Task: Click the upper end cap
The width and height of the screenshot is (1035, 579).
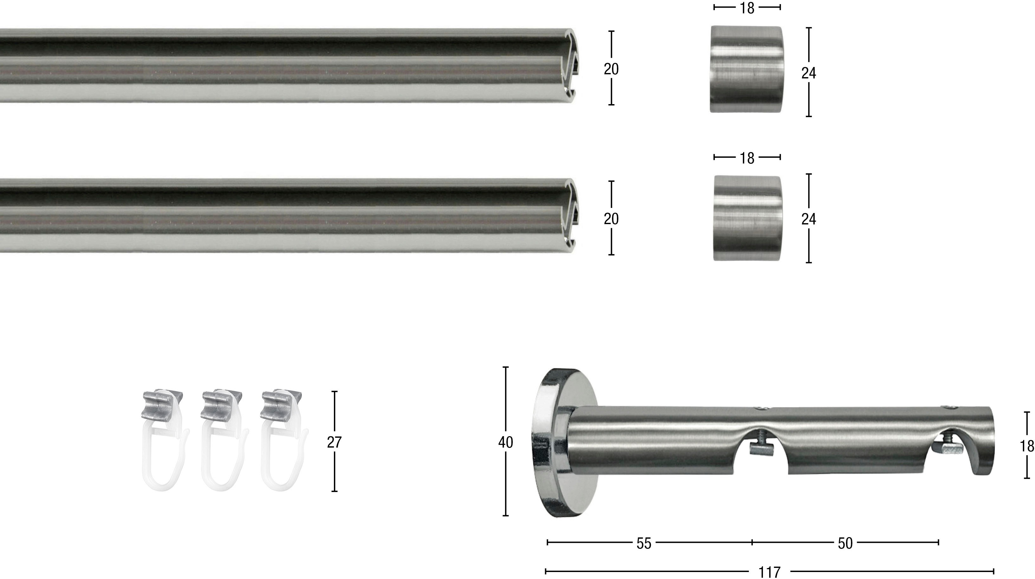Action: [x=747, y=69]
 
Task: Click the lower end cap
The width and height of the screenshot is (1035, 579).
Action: [x=747, y=218]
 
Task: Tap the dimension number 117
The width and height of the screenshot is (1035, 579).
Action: [x=769, y=572]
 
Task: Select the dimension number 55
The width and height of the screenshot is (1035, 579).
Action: [x=644, y=543]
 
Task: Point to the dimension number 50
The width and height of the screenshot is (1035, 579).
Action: [x=845, y=543]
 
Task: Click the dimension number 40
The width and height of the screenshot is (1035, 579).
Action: [x=505, y=442]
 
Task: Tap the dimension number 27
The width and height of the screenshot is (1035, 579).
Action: [x=334, y=442]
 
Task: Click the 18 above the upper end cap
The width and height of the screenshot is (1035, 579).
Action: [x=747, y=8]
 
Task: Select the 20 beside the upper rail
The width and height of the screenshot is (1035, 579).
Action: [x=611, y=69]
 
